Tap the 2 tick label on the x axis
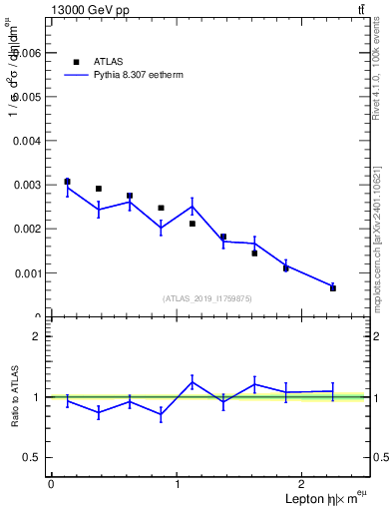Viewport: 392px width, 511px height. [x=304, y=483]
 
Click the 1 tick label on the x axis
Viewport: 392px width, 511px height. [x=178, y=483]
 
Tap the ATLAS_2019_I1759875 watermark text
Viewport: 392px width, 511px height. [x=207, y=297]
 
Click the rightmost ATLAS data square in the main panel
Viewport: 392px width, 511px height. [x=332, y=287]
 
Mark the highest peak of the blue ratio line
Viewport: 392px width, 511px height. [x=193, y=382]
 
